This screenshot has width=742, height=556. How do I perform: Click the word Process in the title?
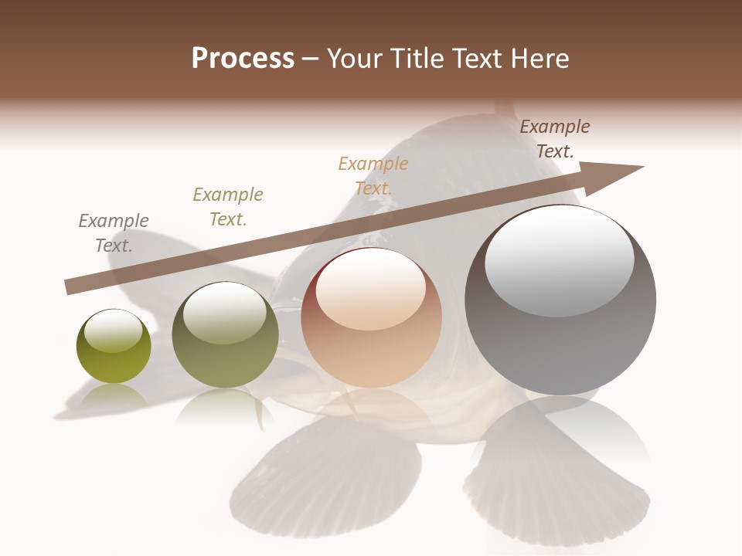(x=243, y=59)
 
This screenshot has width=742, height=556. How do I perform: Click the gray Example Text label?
(x=114, y=232)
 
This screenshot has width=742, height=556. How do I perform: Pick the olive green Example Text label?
(x=228, y=206)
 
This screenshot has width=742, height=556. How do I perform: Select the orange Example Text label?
(x=373, y=175)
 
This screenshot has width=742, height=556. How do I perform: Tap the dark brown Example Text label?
(x=555, y=138)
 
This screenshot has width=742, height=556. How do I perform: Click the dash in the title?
(x=310, y=59)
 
